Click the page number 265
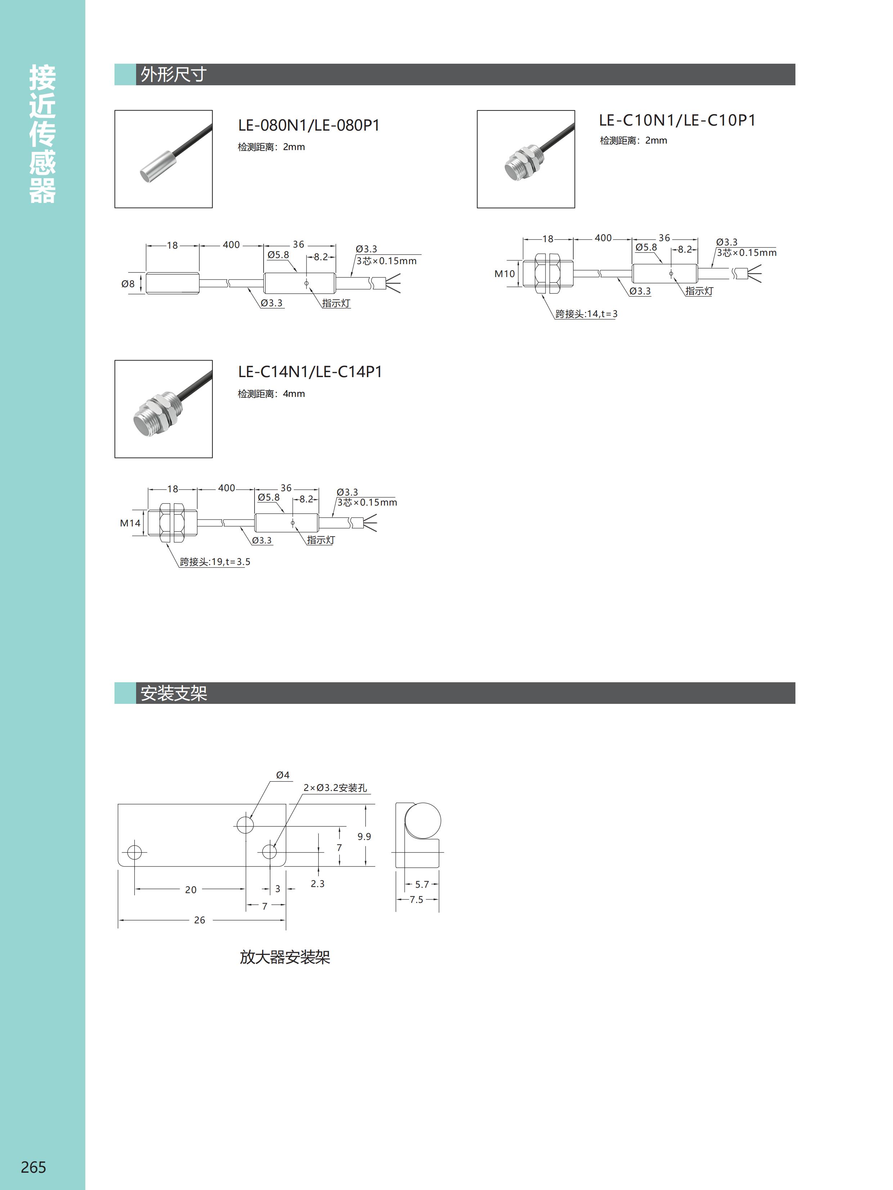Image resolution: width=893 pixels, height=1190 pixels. pyautogui.click(x=33, y=1167)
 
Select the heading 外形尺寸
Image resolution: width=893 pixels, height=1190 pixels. pyautogui.click(x=173, y=74)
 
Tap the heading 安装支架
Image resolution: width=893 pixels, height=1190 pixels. pyautogui.click(x=173, y=693)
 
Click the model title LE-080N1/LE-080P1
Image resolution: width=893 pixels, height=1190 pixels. pyautogui.click(x=309, y=125)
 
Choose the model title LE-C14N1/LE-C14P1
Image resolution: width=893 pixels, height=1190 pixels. pyautogui.click(x=310, y=372)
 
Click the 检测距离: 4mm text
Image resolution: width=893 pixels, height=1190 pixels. pyautogui.click(x=271, y=394)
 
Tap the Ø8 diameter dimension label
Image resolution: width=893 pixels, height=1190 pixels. pyautogui.click(x=128, y=284)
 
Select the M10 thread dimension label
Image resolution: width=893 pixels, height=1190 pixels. pyautogui.click(x=504, y=274)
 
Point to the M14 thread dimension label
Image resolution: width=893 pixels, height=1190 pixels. pyautogui.click(x=130, y=523)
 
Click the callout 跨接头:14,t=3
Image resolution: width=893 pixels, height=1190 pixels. pyautogui.click(x=587, y=314)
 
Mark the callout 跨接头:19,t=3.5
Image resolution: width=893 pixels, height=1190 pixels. pyautogui.click(x=215, y=562)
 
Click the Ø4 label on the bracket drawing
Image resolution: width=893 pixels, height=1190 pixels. pyautogui.click(x=283, y=775)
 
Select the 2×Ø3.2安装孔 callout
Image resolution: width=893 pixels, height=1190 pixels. pyautogui.click(x=335, y=788)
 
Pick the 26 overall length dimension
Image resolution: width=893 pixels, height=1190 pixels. pyautogui.click(x=200, y=920)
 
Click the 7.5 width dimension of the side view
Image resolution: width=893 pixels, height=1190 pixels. pyautogui.click(x=417, y=900)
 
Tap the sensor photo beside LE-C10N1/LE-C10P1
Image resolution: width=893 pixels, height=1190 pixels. pyautogui.click(x=526, y=159)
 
